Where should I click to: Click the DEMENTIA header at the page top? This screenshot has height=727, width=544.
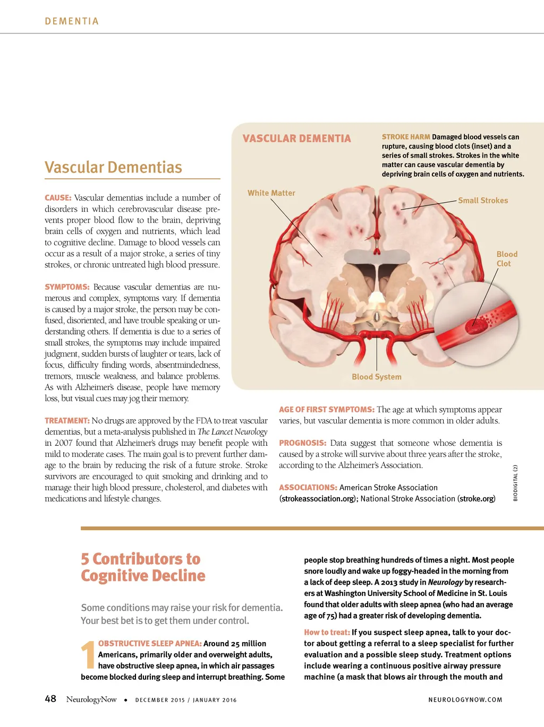pos(72,21)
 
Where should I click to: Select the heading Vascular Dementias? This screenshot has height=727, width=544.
pos(113,168)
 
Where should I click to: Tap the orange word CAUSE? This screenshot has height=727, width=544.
pos(58,198)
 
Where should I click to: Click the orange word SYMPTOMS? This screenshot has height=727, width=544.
pos(67,287)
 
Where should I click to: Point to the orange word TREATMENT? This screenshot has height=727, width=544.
pos(67,421)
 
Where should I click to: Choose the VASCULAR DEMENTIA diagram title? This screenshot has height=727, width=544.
pos(296,139)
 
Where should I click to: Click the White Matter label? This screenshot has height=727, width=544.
pos(271,193)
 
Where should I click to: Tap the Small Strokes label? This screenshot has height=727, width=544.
pos(483,201)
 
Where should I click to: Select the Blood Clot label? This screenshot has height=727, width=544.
pos(506,259)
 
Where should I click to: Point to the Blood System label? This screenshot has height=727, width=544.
pos(376,377)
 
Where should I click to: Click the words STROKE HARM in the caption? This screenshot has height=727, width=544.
pos(406,137)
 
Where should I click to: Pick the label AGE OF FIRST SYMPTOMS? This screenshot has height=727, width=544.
pos(327,410)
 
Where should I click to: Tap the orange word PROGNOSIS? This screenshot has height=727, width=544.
pos(302,443)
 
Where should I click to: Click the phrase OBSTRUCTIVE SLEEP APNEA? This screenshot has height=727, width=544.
pos(150,644)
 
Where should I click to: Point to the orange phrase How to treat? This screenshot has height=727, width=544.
pos(327,633)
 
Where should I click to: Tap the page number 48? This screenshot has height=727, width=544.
pos(50,699)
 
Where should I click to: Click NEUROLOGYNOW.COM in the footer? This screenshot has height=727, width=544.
pos(465,700)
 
